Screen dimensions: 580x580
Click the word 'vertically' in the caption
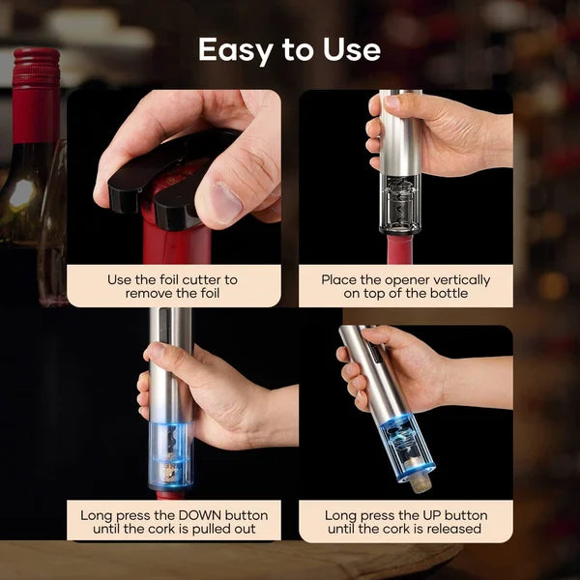pos(456,279)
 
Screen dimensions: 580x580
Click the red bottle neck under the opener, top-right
pos(399,249)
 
